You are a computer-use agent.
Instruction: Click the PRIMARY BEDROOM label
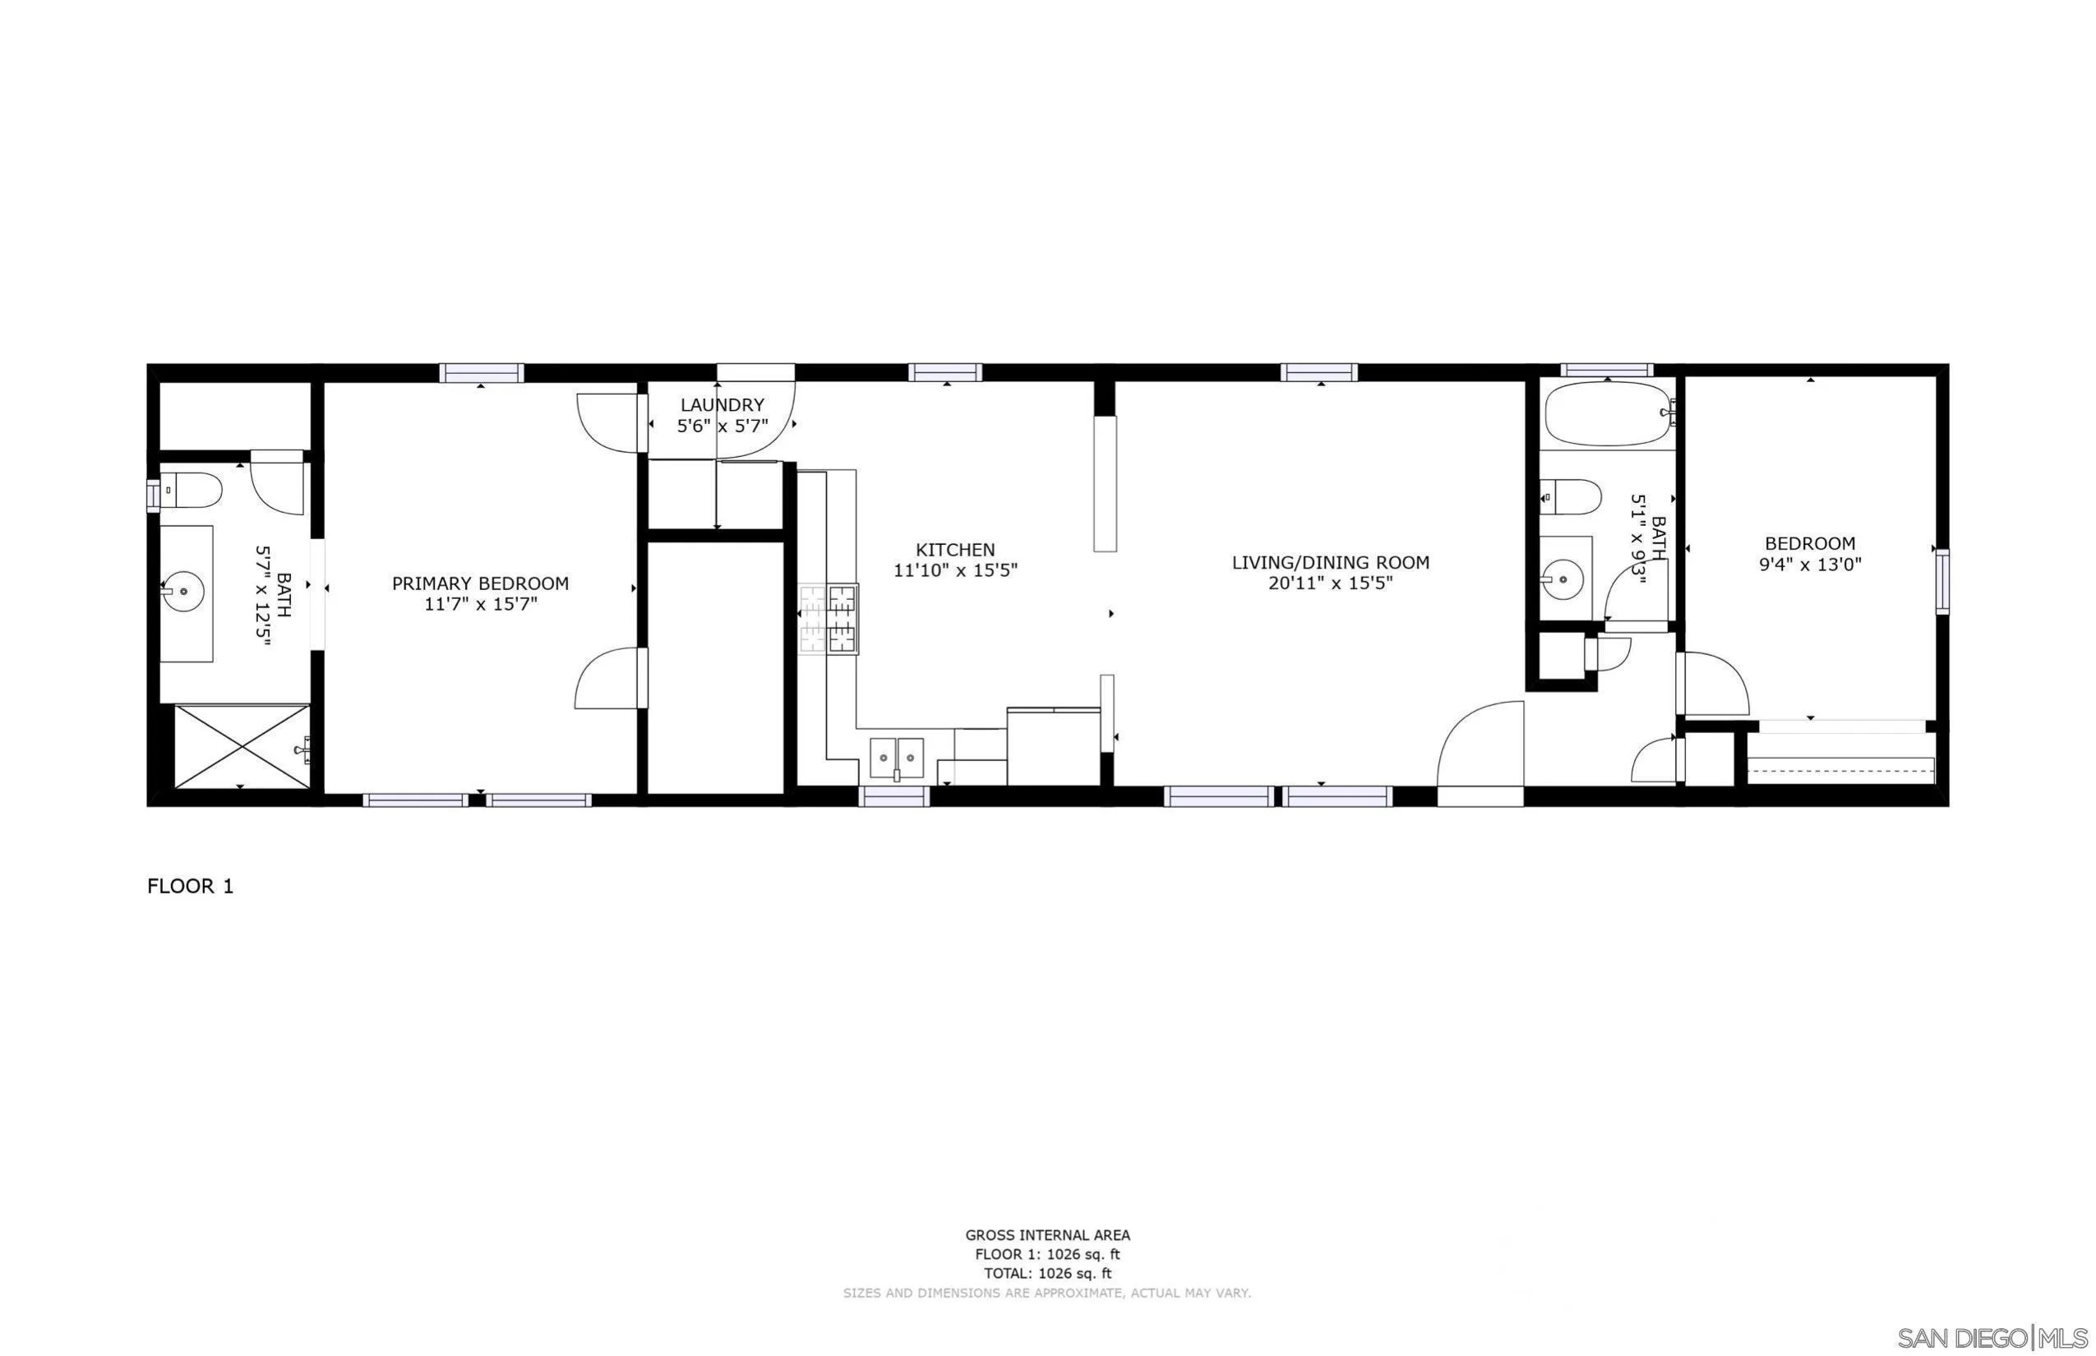(480, 583)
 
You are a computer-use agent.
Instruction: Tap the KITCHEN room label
(954, 550)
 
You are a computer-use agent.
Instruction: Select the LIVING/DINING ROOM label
(1330, 562)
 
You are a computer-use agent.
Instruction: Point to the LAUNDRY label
(723, 405)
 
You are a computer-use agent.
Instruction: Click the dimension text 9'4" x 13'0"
(1810, 565)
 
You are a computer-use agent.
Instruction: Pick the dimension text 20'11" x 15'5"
(1330, 582)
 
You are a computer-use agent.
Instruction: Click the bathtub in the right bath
(1606, 414)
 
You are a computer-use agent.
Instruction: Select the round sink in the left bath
(183, 591)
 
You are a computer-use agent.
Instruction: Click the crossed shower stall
(242, 746)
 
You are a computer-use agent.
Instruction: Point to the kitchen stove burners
(829, 619)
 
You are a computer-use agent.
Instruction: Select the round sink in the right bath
(1563, 579)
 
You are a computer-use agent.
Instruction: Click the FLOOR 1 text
(190, 886)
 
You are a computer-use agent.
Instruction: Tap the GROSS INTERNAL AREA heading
(1047, 1235)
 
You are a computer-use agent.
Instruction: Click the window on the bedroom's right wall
(1941, 581)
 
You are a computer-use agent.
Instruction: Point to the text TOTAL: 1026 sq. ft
(1047, 1273)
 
